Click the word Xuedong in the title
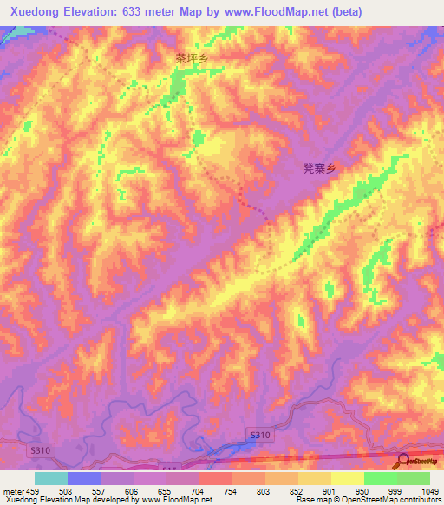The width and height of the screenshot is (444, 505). [x=34, y=11]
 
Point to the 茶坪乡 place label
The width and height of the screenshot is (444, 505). [x=192, y=59]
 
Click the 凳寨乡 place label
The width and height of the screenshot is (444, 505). [x=318, y=171]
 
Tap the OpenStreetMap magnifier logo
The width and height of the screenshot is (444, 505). [x=402, y=461]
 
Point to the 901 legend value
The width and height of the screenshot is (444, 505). [x=331, y=490]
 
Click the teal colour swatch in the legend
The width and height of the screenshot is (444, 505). [x=51, y=478]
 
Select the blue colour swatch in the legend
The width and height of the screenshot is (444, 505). [x=84, y=478]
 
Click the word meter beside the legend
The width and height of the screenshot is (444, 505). [x=13, y=490]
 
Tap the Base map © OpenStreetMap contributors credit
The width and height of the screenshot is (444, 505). [x=368, y=499]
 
